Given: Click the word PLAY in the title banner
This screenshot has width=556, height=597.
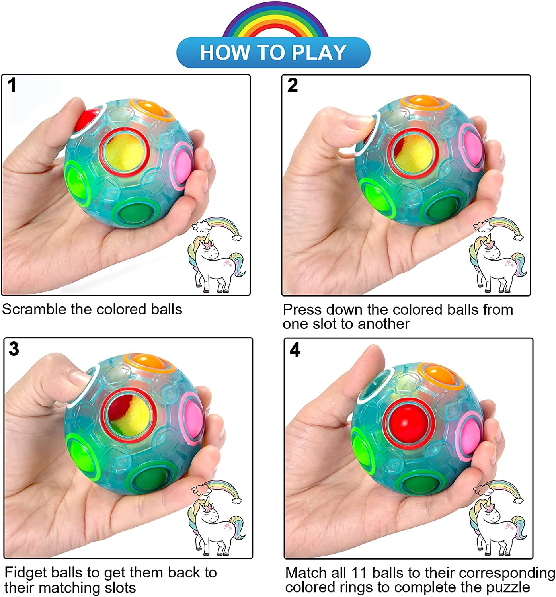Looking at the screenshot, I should coord(319,53).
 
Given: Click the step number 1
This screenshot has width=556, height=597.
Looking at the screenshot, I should coord(12,86).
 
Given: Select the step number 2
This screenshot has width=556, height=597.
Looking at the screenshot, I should coord(293,86).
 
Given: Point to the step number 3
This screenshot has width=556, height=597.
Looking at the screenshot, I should coord(14,349).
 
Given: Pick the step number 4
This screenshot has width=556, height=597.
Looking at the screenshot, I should coord(295,350).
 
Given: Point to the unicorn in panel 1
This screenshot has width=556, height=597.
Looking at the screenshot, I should coord(213,259).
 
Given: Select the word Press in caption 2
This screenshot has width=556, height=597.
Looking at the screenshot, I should coord(302,310).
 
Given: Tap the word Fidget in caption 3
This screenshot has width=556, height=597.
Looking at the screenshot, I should coord(24,573).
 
